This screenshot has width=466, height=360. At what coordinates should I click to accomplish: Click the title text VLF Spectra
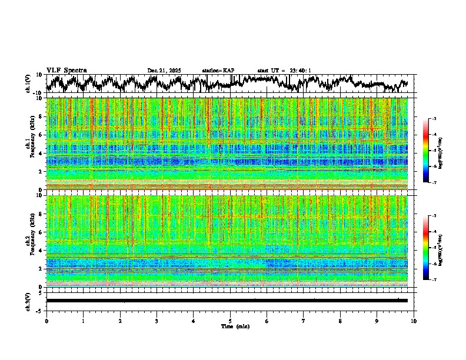66,71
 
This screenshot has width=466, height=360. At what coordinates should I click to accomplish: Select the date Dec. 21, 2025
164,71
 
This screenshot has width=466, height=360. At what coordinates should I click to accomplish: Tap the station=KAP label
218,71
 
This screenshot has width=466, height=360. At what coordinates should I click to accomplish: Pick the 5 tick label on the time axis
230,321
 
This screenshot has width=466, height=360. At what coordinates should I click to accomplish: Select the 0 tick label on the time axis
46,321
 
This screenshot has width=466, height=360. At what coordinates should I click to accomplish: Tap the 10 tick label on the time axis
414,321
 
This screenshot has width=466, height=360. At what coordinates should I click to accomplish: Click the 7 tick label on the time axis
304,321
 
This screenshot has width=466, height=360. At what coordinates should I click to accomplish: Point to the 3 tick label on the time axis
157,321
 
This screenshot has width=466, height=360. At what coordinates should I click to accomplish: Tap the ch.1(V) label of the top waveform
28,84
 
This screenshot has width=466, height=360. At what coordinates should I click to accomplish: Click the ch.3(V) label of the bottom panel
28,301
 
